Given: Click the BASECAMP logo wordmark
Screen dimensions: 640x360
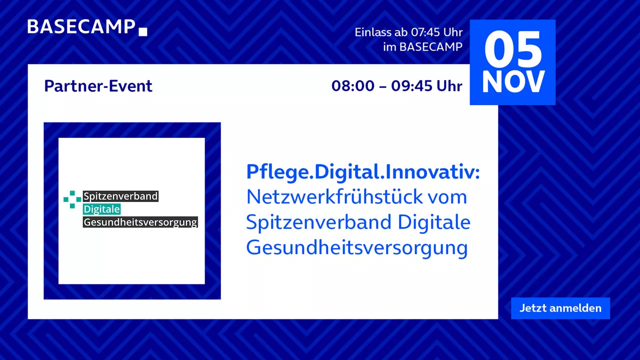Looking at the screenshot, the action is (x=81, y=27).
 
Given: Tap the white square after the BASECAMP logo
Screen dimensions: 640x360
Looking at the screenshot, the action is (x=143, y=31).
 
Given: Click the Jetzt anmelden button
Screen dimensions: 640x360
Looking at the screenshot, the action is (x=560, y=308).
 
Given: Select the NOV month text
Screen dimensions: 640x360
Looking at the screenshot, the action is (x=513, y=82).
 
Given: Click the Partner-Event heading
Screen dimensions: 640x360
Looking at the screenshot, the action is (x=98, y=86).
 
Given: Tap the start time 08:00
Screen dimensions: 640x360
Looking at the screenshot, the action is (x=353, y=86).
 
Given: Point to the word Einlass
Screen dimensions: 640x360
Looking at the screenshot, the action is (x=373, y=32).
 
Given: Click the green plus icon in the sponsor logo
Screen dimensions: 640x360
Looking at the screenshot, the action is (x=72, y=199).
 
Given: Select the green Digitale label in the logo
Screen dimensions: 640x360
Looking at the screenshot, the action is (x=101, y=209).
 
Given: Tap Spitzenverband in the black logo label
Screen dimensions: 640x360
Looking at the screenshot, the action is (x=120, y=196).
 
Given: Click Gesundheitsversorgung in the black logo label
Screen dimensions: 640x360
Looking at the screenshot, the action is (x=140, y=222).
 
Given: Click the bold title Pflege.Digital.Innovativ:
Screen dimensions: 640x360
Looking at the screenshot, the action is (x=363, y=172).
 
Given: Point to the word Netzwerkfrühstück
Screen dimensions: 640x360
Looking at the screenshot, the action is (x=334, y=197).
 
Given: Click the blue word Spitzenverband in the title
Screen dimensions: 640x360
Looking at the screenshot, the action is (x=318, y=222).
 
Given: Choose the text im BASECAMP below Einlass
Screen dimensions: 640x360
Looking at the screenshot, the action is (x=423, y=47).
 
